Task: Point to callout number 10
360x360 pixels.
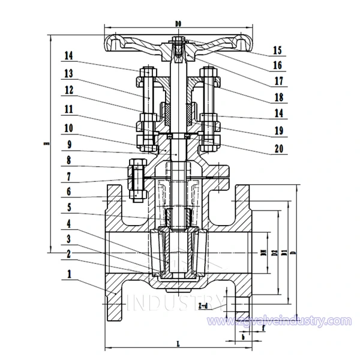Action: click(x=69, y=128)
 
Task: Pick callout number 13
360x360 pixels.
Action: click(x=69, y=73)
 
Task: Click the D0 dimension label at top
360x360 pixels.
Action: click(x=178, y=23)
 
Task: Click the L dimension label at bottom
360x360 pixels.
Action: click(x=178, y=343)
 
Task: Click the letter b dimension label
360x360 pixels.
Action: click(x=242, y=338)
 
